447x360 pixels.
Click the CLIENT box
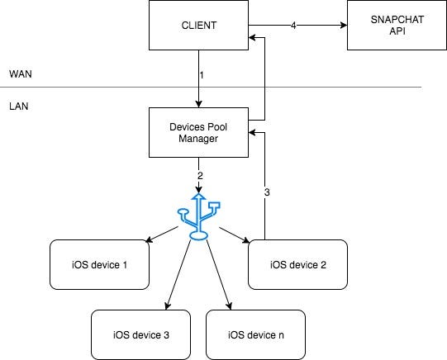click(198, 25)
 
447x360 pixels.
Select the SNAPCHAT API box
click(397, 25)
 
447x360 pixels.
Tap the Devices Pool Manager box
click(198, 132)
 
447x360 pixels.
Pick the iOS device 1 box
click(99, 264)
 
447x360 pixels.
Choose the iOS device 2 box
click(298, 264)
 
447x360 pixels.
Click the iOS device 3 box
click(140, 334)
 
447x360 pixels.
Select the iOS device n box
click(255, 334)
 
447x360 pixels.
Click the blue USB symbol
click(198, 216)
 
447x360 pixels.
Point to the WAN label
click(21, 74)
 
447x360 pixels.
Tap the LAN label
click(19, 107)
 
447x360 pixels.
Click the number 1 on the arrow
click(202, 75)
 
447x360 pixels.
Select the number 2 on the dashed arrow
click(200, 176)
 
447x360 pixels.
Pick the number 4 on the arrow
click(293, 26)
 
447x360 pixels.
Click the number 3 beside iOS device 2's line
click(267, 192)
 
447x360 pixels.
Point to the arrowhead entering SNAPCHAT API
click(344, 26)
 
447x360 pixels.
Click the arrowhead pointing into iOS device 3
click(168, 306)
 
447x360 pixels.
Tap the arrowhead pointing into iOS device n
click(229, 306)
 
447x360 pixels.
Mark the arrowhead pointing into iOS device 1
click(149, 240)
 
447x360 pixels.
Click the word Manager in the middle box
click(198, 139)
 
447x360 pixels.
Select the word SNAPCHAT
click(397, 19)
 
